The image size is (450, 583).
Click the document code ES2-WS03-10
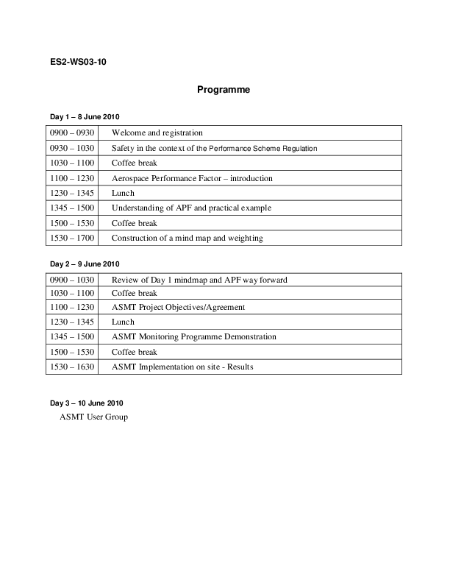pyautogui.click(x=79, y=62)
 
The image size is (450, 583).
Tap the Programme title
pyautogui.click(x=224, y=90)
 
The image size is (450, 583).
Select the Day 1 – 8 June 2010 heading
pyautogui.click(x=85, y=117)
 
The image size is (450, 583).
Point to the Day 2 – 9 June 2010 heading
pyautogui.click(x=85, y=264)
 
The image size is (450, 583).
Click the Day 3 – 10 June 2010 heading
pyautogui.click(x=86, y=403)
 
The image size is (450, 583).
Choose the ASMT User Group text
pyautogui.click(x=93, y=417)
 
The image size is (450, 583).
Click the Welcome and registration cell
pyautogui.click(x=157, y=133)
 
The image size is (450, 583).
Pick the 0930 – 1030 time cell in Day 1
pyautogui.click(x=72, y=148)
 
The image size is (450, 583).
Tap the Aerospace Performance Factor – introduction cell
pyautogui.click(x=192, y=178)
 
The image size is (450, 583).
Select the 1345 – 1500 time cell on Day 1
pyautogui.click(x=72, y=208)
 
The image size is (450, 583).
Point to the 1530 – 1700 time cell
pyautogui.click(x=72, y=239)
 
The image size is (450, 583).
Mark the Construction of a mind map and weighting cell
pyautogui.click(x=187, y=239)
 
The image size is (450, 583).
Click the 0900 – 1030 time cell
pyautogui.click(x=72, y=280)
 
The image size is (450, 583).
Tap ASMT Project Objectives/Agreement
pyautogui.click(x=178, y=308)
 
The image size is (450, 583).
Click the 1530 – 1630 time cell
pyautogui.click(x=72, y=367)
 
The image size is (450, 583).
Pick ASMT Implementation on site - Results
pyautogui.click(x=182, y=367)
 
